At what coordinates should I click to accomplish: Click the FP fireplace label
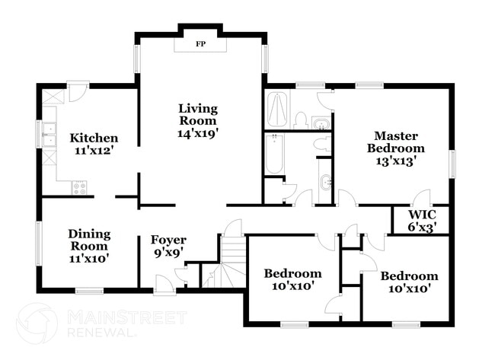(x=200, y=44)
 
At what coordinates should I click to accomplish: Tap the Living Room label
(x=197, y=114)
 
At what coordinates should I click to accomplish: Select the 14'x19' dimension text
(x=197, y=132)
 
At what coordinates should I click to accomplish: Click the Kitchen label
(x=94, y=138)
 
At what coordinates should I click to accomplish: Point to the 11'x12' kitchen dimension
(x=94, y=151)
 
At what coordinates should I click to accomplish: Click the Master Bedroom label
(x=395, y=142)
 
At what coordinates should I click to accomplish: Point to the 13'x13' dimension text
(x=395, y=161)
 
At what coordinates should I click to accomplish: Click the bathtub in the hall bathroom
(x=275, y=153)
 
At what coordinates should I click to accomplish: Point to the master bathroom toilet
(x=302, y=120)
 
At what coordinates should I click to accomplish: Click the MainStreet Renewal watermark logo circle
(x=36, y=323)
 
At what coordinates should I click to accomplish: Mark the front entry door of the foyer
(x=164, y=288)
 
